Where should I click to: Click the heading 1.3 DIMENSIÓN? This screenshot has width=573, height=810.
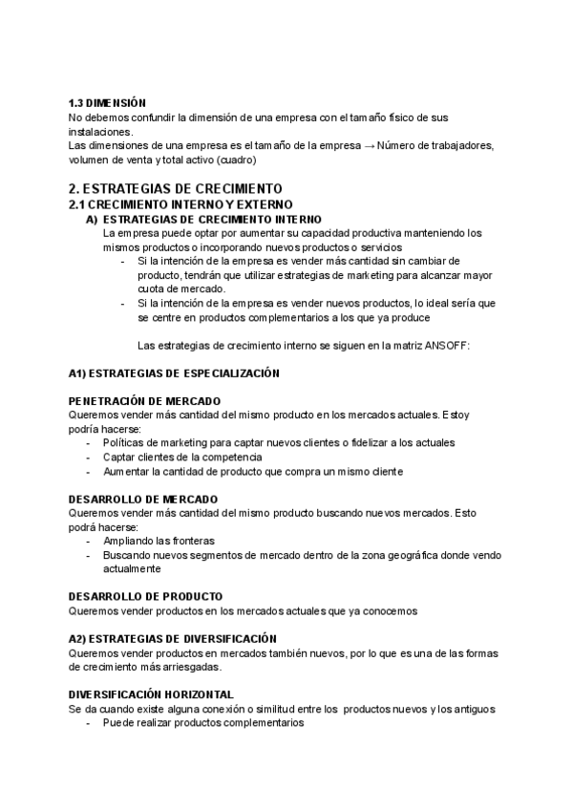108,102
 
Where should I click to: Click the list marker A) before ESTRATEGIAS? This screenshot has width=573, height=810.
92,219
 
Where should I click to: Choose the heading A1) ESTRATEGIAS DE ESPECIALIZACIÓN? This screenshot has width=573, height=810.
174,373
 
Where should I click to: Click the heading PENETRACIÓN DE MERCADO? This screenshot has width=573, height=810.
145,401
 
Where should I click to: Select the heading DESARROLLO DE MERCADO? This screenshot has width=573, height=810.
143,500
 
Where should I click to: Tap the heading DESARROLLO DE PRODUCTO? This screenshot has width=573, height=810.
146,596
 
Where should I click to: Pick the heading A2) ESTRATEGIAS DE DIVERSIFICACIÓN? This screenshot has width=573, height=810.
173,638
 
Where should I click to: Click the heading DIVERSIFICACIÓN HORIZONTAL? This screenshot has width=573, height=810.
152,693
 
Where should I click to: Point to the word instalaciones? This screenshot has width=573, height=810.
101,131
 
